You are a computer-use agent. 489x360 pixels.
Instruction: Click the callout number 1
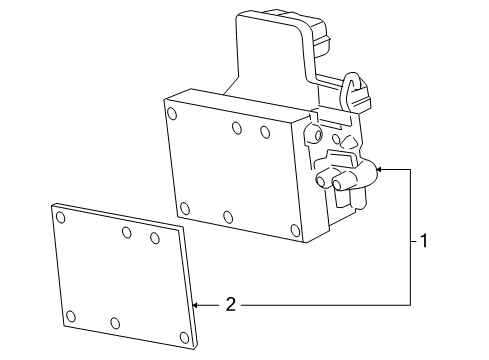[424, 241]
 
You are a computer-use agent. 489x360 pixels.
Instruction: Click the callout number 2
[231, 305]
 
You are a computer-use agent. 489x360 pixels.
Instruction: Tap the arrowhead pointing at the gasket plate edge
[196, 305]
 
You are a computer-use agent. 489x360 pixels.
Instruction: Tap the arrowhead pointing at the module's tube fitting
[379, 170]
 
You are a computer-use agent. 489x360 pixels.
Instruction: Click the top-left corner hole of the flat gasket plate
[61, 217]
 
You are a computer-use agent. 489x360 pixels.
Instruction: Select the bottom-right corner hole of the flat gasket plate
[184, 337]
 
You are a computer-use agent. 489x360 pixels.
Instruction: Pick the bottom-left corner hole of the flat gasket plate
[71, 316]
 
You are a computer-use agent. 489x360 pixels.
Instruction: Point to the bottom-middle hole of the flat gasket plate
[115, 323]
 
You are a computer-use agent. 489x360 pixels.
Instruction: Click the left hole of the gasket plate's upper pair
[127, 232]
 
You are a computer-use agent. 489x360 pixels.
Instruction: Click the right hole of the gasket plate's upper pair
[155, 238]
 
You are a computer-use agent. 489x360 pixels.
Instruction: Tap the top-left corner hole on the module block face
[172, 114]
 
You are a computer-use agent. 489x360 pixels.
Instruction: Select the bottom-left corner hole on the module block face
[185, 208]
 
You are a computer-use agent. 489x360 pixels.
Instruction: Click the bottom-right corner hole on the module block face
[295, 230]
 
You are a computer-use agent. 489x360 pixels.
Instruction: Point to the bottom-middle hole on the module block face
[228, 217]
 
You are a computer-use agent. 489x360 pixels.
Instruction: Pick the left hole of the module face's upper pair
[237, 128]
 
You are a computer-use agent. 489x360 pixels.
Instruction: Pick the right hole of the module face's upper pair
[265, 132]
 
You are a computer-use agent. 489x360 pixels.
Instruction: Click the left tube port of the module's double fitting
[321, 181]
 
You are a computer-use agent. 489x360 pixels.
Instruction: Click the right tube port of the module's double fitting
[338, 184]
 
